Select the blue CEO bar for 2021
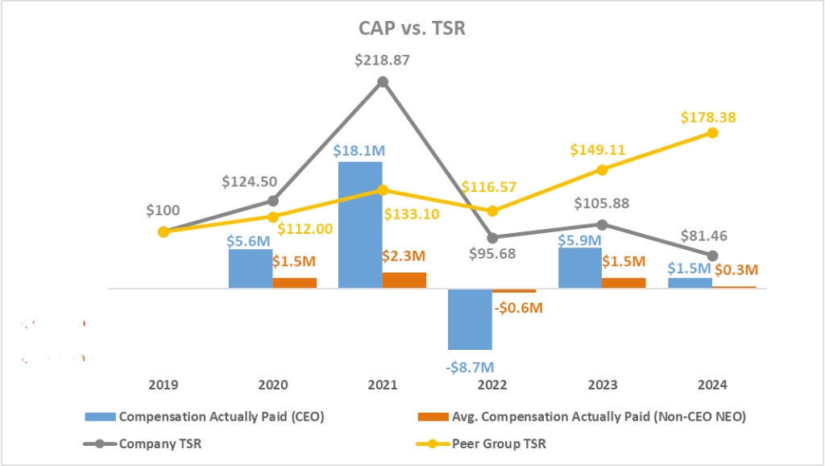click(360, 225)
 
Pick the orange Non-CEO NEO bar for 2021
click(404, 280)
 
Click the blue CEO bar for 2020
click(251, 268)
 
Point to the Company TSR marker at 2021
click(383, 81)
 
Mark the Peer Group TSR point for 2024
click(712, 132)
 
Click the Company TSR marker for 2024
click(712, 256)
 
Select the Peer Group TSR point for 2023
click(602, 169)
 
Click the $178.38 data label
click(709, 118)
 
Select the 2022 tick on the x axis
click(492, 385)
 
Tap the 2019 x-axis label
click(164, 385)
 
